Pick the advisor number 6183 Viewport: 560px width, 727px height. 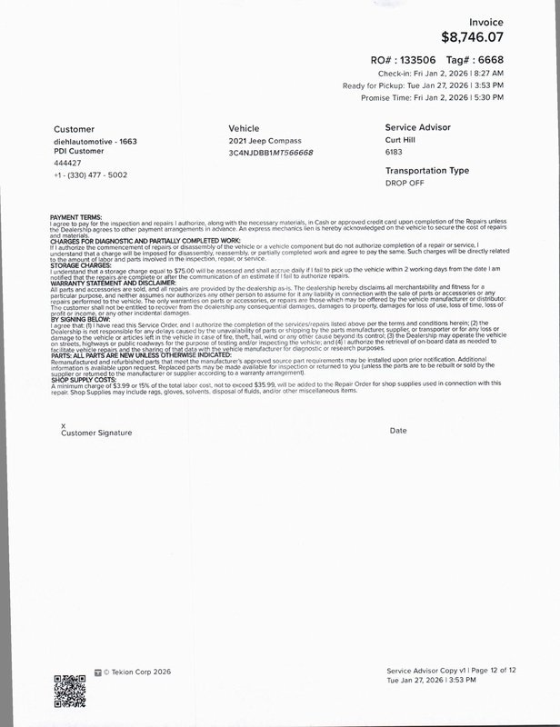coord(395,153)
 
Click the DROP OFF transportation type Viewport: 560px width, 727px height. coord(405,182)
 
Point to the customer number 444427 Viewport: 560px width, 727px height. coord(66,163)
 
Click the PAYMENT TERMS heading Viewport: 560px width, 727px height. coord(76,216)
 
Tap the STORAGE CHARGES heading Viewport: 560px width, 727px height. coord(82,264)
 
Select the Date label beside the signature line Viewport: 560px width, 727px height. coord(397,430)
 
